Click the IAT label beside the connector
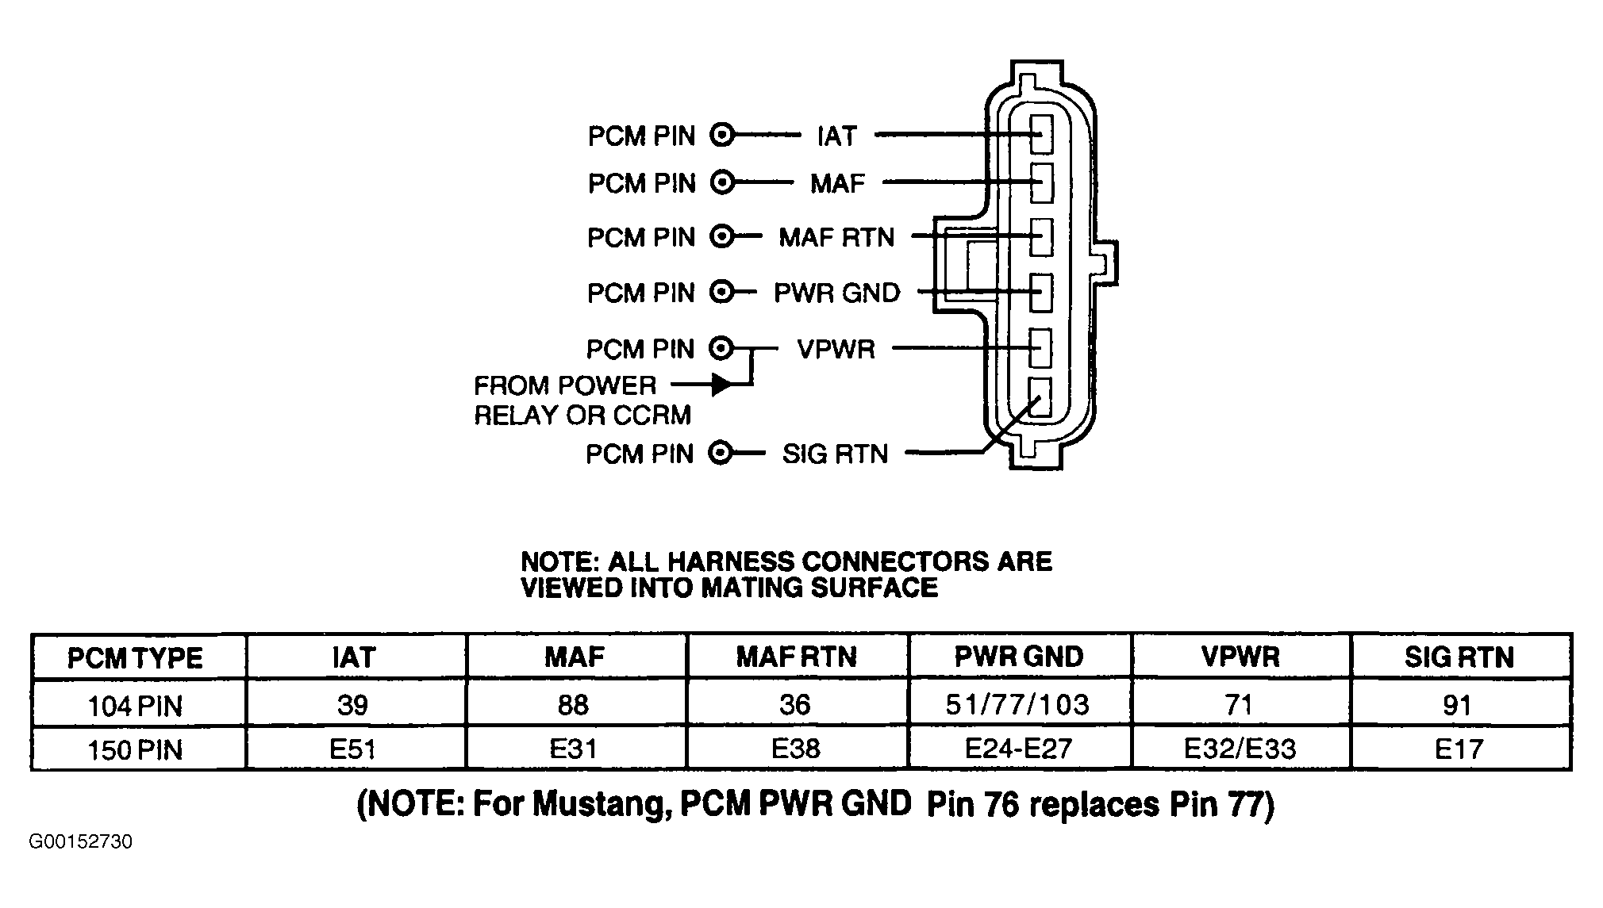point(837,136)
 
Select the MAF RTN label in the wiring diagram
point(836,237)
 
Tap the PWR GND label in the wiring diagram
point(837,293)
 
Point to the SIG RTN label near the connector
point(835,454)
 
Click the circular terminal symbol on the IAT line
point(722,136)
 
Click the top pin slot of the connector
point(1041,133)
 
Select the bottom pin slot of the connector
point(1041,397)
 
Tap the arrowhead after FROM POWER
point(721,385)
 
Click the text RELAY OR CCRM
point(582,416)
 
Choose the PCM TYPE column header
point(135,658)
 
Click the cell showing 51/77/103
point(1017,704)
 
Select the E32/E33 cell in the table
point(1240,749)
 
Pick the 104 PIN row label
point(135,706)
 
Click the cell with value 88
point(573,704)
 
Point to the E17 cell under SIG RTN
point(1459,749)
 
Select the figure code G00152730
point(81,841)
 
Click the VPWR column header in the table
point(1240,657)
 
